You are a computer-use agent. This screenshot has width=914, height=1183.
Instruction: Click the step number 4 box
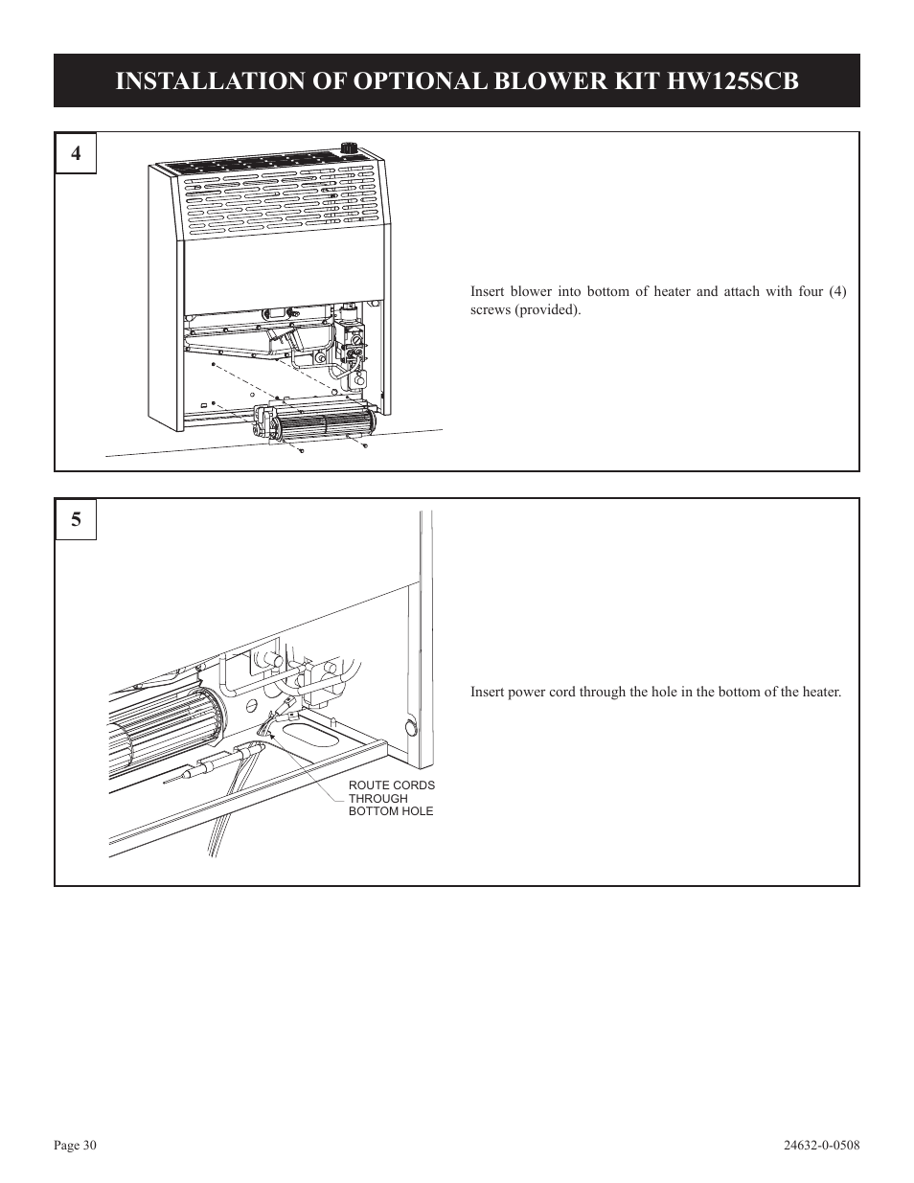[75, 153]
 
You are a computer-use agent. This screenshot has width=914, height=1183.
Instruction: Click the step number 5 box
[75, 520]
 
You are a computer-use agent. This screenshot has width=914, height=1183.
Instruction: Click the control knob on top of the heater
[347, 149]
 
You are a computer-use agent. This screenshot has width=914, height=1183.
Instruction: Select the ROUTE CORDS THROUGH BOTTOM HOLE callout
[391, 798]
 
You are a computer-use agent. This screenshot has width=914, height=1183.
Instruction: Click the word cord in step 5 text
[561, 692]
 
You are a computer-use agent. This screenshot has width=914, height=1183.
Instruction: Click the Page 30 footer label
[76, 1146]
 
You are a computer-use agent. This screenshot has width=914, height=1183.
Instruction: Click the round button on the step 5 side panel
[412, 728]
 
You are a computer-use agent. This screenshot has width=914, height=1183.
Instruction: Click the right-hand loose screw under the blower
[366, 445]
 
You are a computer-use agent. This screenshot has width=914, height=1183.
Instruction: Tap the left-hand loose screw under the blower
[301, 449]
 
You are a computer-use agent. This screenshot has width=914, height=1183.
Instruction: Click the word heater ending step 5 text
[821, 692]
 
